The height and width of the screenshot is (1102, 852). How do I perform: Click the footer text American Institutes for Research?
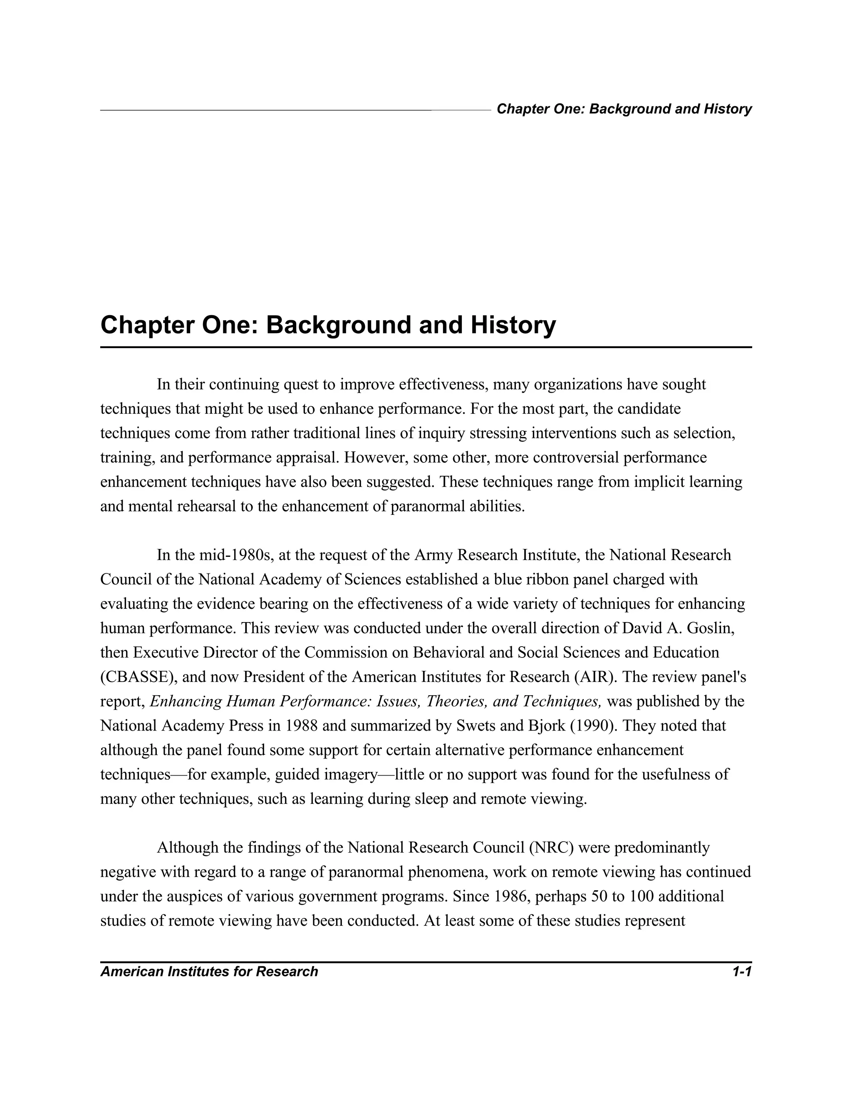click(x=209, y=972)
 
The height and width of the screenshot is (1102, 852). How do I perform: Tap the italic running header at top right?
click(x=624, y=109)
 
